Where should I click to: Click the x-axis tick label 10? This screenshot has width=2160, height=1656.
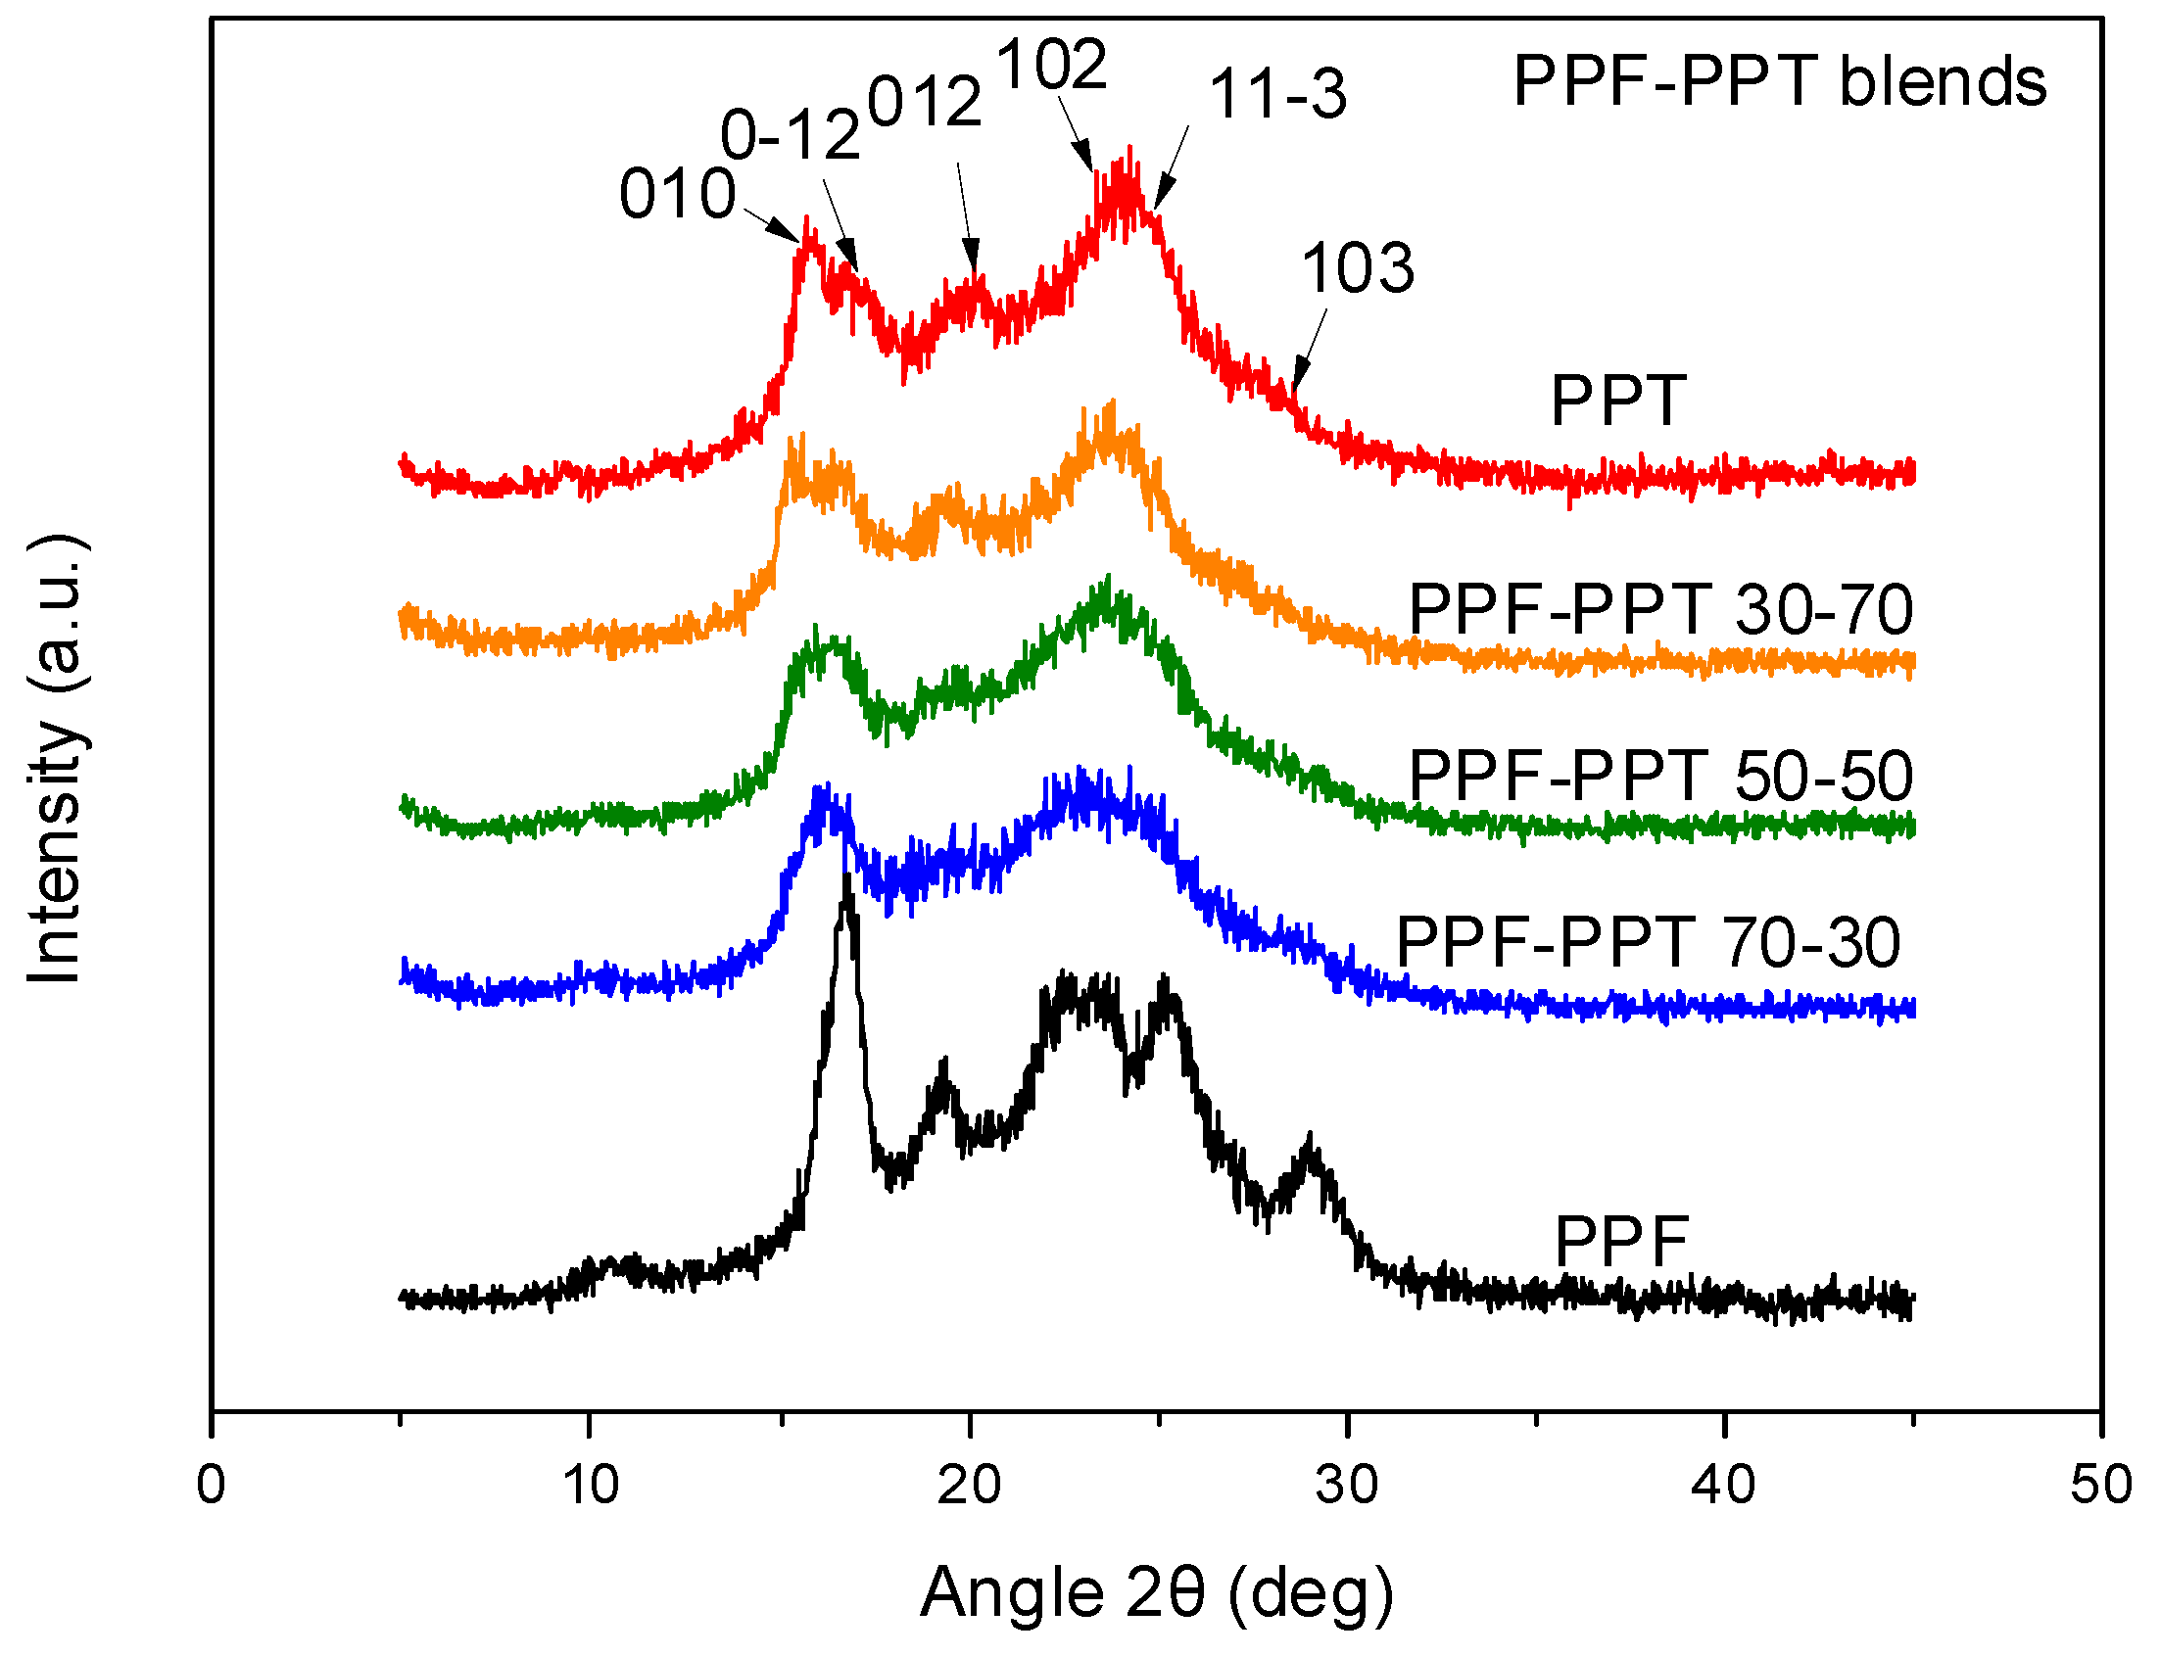click(590, 1484)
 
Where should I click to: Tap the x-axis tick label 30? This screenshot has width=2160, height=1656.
click(1346, 1484)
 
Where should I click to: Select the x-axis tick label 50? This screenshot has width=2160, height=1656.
click(2101, 1484)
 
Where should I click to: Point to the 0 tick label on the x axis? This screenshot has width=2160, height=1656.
click(211, 1484)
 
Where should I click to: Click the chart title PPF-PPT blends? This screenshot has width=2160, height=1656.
click(1780, 81)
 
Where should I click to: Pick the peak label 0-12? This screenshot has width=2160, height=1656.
click(791, 134)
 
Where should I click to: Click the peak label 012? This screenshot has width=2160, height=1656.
click(925, 102)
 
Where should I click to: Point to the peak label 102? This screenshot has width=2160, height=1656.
click(1052, 66)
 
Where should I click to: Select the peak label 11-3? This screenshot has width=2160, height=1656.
click(1277, 96)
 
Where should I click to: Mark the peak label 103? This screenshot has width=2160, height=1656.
click(1358, 268)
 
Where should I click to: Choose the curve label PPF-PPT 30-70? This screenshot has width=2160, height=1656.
click(1660, 610)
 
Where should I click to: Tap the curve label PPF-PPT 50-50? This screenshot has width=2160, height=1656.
click(1660, 776)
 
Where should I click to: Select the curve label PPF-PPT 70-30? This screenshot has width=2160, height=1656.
click(1649, 942)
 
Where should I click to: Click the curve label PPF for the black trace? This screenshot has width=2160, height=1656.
click(1622, 1241)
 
